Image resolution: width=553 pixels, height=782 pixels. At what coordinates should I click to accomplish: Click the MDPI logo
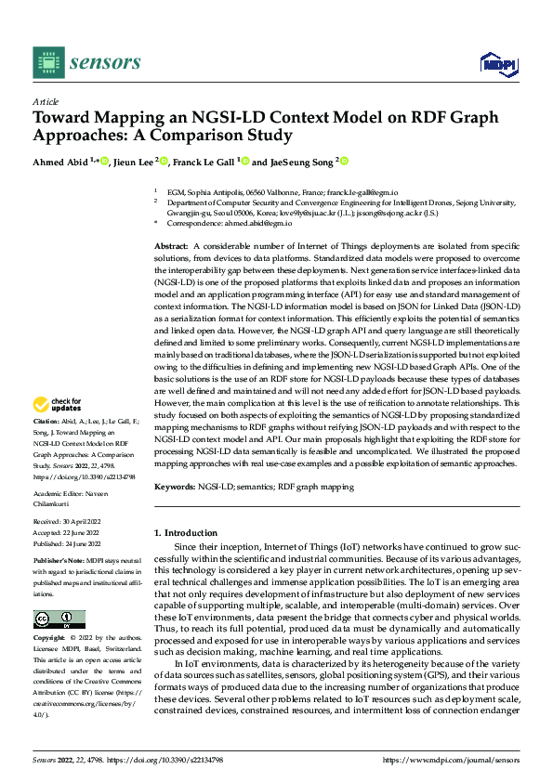(x=497, y=63)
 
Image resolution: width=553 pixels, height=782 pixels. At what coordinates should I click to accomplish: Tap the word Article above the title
(x=46, y=101)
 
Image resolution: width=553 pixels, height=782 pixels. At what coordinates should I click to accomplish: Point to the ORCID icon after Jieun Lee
(x=165, y=162)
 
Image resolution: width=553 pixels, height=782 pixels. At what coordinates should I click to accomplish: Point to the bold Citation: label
(x=46, y=447)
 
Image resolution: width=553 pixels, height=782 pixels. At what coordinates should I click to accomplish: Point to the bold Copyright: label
(x=49, y=640)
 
